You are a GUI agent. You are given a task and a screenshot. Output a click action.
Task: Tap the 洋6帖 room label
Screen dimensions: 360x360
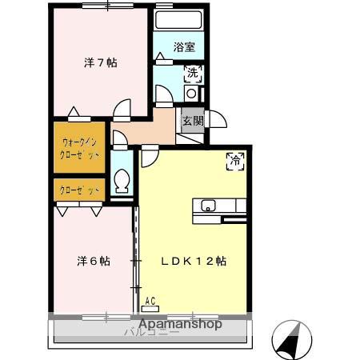click(x=94, y=261)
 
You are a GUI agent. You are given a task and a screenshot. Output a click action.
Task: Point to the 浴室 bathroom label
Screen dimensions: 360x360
click(x=185, y=47)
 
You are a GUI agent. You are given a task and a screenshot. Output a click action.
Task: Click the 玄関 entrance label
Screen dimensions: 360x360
click(x=192, y=121)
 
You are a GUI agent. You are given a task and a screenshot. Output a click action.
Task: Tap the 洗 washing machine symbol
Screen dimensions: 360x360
click(x=193, y=75)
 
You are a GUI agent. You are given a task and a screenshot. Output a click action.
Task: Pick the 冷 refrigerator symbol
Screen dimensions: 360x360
click(x=236, y=159)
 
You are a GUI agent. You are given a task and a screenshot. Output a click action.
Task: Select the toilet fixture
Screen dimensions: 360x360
click(x=122, y=182)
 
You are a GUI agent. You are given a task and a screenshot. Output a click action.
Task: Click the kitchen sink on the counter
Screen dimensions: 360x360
click(x=208, y=204)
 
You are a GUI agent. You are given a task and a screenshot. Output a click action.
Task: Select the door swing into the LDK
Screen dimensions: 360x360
click(x=150, y=156)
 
